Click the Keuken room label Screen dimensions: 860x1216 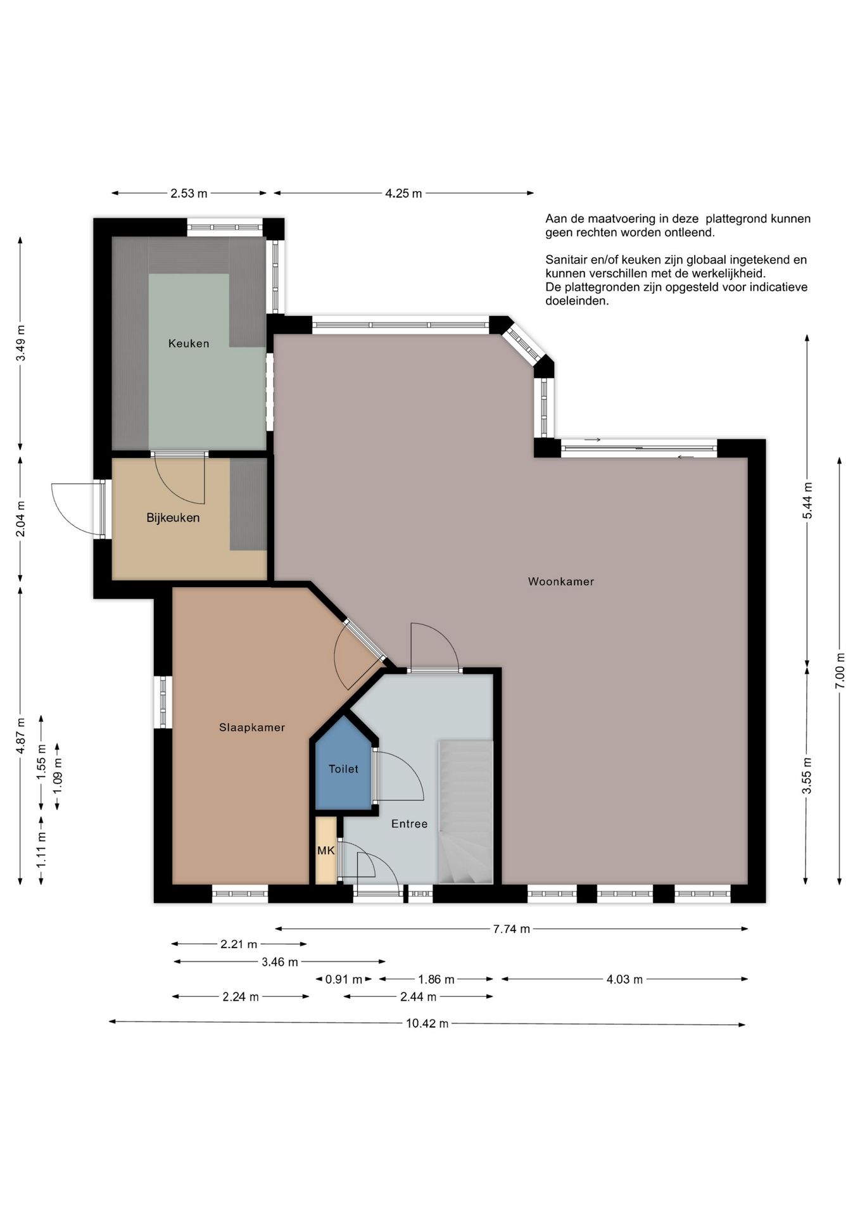[x=189, y=343]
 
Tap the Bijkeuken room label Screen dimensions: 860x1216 [x=173, y=517]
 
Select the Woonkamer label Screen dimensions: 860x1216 [x=561, y=581]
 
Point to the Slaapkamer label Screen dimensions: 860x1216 [x=252, y=728]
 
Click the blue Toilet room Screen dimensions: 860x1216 [x=343, y=766]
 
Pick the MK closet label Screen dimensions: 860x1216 [x=326, y=851]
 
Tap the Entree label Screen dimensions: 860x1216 [x=409, y=824]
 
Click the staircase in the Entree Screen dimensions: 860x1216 [x=465, y=812]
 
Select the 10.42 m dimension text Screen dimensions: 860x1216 [x=427, y=1023]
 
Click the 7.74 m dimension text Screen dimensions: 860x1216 [x=512, y=929]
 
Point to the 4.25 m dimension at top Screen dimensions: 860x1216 [x=403, y=193]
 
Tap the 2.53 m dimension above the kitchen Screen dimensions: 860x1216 [x=189, y=193]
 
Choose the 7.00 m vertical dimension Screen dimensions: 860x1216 [x=840, y=671]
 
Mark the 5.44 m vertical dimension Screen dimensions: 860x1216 [x=807, y=500]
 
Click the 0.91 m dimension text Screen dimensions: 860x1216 [x=344, y=980]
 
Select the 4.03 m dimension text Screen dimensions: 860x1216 [x=624, y=980]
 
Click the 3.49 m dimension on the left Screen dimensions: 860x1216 [x=21, y=343]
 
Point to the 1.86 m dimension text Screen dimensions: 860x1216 [x=436, y=980]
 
